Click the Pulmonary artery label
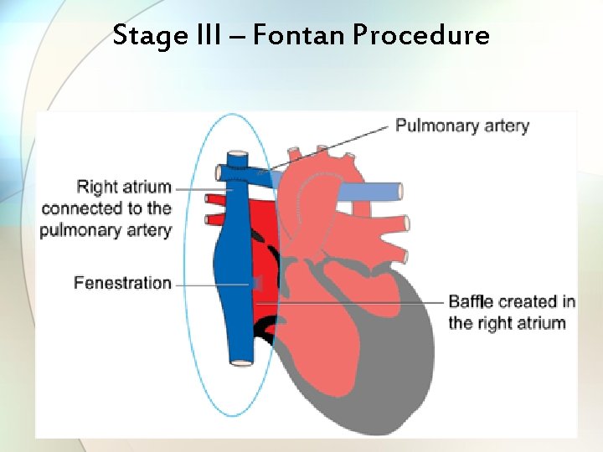pos(461,126)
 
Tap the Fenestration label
pos(122,283)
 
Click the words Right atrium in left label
pos(124,187)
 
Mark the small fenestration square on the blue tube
pos(256,285)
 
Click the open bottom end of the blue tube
pos(242,362)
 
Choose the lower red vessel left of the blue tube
pos(217,221)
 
